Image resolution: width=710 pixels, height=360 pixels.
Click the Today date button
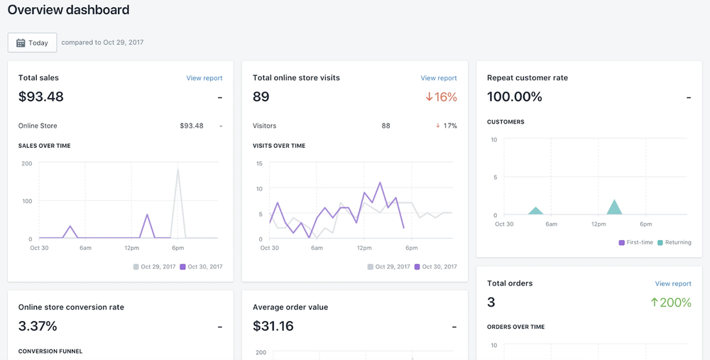coord(32,43)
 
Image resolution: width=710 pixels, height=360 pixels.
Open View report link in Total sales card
coord(204,78)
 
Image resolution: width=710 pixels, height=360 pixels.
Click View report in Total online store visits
coord(438,78)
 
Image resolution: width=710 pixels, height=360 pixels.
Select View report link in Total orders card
coord(672,283)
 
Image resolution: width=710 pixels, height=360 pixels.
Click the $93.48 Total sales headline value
coord(41,97)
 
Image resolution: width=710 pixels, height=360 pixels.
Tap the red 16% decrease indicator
coord(441,97)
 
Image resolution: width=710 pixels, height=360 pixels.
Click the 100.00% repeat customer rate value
coord(515,97)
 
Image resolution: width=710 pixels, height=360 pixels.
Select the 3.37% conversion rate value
coord(38,327)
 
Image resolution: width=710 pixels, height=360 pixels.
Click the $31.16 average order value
coord(273,327)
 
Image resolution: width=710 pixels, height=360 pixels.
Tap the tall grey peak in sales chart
coord(177,170)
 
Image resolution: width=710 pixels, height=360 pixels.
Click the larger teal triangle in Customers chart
coord(614,207)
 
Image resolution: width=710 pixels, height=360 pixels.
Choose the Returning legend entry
coord(674,242)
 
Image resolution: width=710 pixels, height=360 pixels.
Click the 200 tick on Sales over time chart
coord(27,163)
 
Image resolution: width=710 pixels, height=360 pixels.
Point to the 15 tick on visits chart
coord(259,163)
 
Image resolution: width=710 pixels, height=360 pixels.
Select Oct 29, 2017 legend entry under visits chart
coord(388,267)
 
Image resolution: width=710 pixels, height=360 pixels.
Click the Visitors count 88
coord(386,126)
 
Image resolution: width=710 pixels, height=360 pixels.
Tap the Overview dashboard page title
coord(68,10)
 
